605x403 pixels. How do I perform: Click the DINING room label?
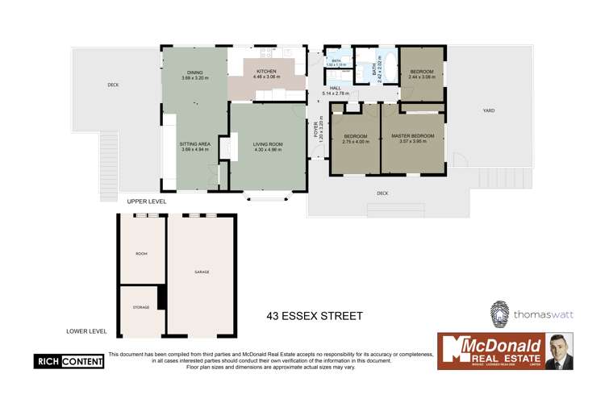tap(194, 72)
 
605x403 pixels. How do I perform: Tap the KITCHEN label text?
tap(266, 71)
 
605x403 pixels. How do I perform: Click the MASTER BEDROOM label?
tap(412, 136)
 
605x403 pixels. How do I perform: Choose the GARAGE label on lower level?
tap(202, 272)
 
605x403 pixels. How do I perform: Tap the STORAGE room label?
tap(141, 307)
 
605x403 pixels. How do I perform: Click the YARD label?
tap(489, 110)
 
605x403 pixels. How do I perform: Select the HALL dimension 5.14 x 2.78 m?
tap(335, 94)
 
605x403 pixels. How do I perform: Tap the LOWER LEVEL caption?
tap(86, 330)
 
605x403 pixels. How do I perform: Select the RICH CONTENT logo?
tap(69, 362)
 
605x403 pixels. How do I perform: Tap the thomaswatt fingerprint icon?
tap(500, 314)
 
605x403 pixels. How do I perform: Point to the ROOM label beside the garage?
tap(141, 254)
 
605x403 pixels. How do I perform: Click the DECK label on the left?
tap(114, 85)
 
